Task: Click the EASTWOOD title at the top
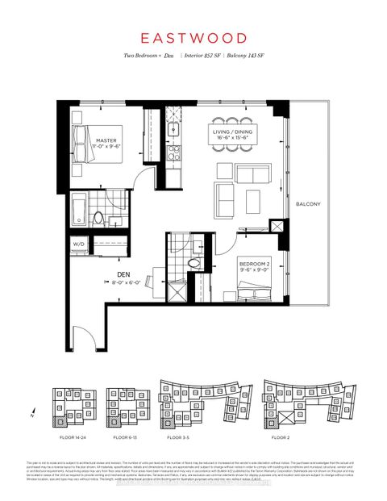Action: [x=193, y=37]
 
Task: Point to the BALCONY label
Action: [x=308, y=204]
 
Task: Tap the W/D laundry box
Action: [x=79, y=243]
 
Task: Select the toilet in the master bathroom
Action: [x=98, y=216]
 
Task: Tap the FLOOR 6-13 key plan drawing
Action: [x=123, y=406]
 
